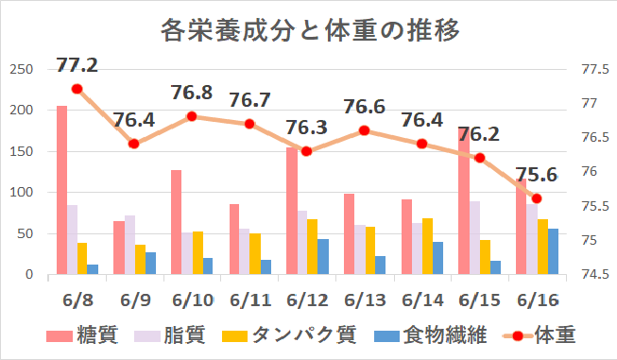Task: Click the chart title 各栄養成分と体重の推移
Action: pyautogui.click(x=310, y=30)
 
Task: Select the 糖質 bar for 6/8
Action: pyautogui.click(x=61, y=190)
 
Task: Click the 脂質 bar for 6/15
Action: pyautogui.click(x=474, y=237)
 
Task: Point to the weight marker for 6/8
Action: pyautogui.click(x=77, y=89)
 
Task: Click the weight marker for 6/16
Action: pyautogui.click(x=537, y=198)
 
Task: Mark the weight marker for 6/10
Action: pyautogui.click(x=191, y=116)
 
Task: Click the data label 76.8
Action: pyautogui.click(x=192, y=94)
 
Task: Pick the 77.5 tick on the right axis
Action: pyautogui.click(x=592, y=69)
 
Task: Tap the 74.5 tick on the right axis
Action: pyautogui.click(x=592, y=275)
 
